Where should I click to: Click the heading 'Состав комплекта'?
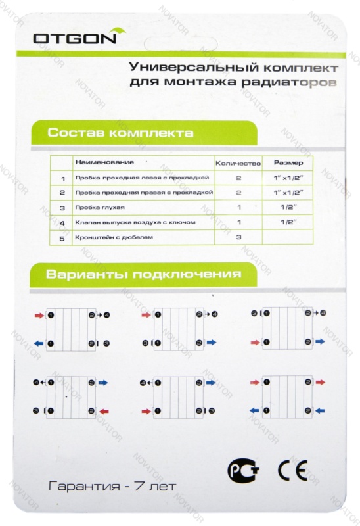click(120, 133)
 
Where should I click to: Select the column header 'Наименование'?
click(100, 162)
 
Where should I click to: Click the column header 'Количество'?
click(238, 162)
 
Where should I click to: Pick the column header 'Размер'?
click(288, 162)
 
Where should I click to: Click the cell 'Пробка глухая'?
click(95, 207)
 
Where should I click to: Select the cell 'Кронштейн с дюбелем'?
click(108, 237)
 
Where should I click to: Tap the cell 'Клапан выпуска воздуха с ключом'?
click(135, 222)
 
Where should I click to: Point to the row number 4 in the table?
click(62, 223)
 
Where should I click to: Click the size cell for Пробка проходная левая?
click(288, 178)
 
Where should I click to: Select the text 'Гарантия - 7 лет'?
click(111, 487)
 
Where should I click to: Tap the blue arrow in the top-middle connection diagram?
click(212, 343)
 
